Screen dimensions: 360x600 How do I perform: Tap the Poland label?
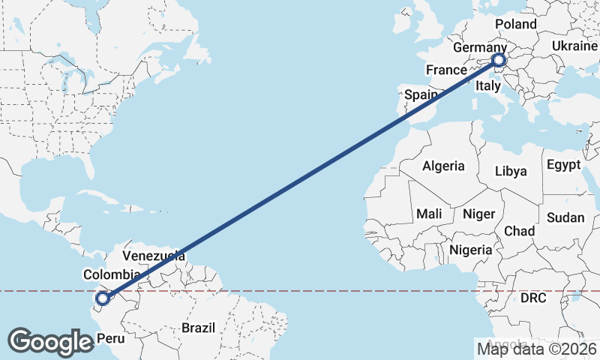[x=516, y=24]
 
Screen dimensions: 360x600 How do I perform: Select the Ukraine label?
[x=574, y=46]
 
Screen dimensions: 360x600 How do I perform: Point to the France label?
[x=447, y=70]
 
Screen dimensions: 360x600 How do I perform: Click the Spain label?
[x=421, y=95]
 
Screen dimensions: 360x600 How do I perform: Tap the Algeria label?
[x=443, y=166]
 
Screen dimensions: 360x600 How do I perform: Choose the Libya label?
[x=511, y=171]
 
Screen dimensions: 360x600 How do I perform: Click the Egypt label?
[x=564, y=164]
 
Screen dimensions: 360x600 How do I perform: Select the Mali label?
[x=428, y=214]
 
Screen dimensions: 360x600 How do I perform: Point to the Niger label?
[x=478, y=214]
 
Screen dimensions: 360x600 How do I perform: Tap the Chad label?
[x=519, y=230]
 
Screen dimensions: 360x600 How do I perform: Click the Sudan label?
[x=565, y=217]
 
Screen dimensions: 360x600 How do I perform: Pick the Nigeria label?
[x=471, y=250]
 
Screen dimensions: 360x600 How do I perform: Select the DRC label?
[x=533, y=298]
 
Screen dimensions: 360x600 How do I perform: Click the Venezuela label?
[x=154, y=254]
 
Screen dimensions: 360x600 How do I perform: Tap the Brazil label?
[x=198, y=328]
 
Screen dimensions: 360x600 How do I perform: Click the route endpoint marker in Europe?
[x=499, y=60]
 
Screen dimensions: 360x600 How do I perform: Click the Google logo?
[x=50, y=341]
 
